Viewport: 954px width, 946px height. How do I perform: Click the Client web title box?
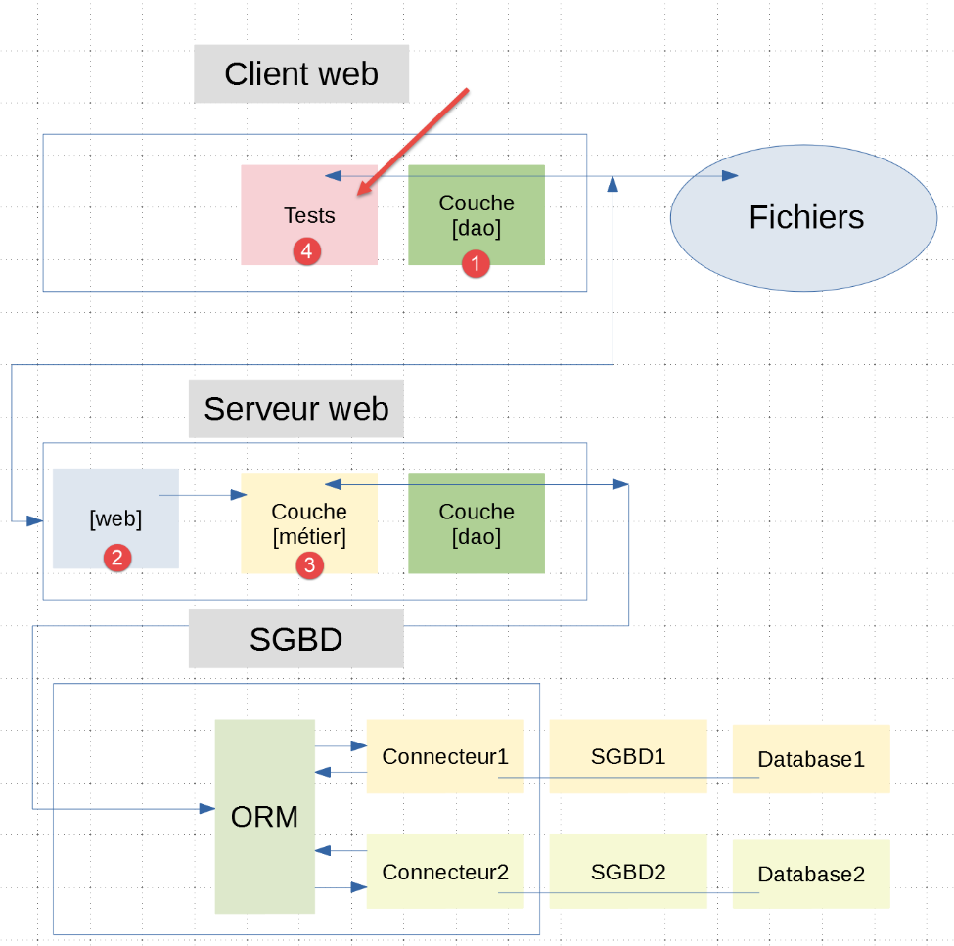point(301,74)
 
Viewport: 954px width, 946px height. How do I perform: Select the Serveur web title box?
point(295,409)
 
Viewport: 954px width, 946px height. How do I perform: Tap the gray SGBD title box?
point(295,639)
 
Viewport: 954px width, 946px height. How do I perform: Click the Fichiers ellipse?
point(805,217)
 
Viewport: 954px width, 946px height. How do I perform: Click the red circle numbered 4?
point(306,251)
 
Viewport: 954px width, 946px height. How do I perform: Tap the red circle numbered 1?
point(476,263)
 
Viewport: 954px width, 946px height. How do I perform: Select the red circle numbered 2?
point(116,559)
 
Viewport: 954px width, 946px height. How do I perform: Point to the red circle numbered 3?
point(309,564)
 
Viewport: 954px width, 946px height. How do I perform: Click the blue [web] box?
point(115,518)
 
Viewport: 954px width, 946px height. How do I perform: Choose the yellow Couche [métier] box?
point(309,523)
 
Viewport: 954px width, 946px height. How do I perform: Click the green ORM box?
point(264,817)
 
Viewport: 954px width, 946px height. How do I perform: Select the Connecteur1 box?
point(445,756)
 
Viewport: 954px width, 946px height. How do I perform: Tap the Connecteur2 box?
point(445,872)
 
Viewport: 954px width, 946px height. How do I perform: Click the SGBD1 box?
point(628,756)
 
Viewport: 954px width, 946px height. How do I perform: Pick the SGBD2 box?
point(628,872)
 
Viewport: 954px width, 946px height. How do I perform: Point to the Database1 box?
point(811,758)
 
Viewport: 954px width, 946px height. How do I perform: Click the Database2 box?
point(811,874)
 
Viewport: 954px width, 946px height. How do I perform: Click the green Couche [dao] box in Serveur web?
point(477,523)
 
